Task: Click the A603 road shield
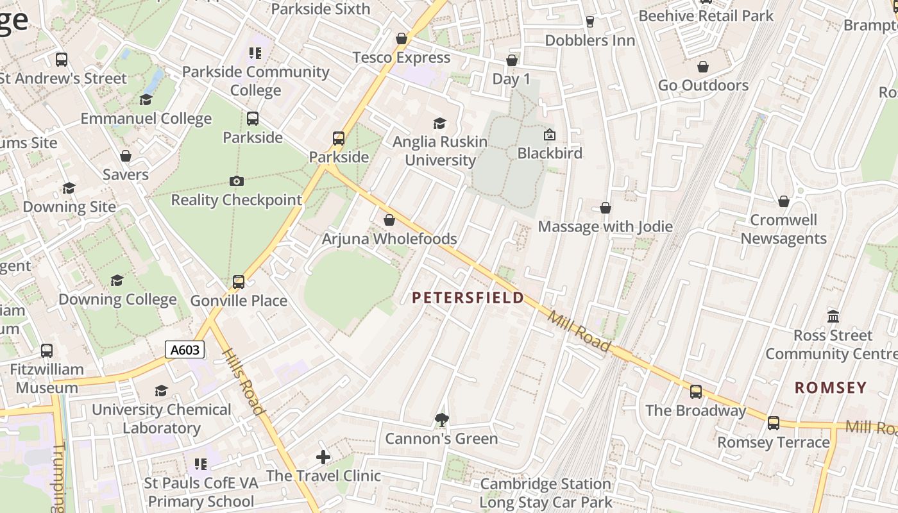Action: coord(185,349)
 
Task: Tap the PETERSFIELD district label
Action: coord(468,298)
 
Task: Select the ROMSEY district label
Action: coord(831,387)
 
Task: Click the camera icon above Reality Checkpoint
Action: coord(237,181)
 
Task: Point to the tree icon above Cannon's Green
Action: coord(441,420)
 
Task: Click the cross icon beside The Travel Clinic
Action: coord(323,457)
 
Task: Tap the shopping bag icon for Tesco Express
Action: coord(402,38)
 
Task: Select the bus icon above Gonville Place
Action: coord(239,282)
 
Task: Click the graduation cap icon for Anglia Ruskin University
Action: coord(439,123)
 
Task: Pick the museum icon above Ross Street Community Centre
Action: coord(833,316)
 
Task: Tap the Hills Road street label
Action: coord(243,382)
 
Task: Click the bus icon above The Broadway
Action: coord(696,391)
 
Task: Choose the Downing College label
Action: coord(117,299)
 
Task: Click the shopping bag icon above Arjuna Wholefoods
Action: coord(389,221)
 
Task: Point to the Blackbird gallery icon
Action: coord(550,135)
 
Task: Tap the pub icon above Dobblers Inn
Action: coord(590,22)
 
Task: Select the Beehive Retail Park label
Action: coord(706,16)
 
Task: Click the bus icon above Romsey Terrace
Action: coord(774,423)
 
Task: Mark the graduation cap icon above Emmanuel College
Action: coord(146,99)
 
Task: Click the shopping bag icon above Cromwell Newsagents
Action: coord(783,201)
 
